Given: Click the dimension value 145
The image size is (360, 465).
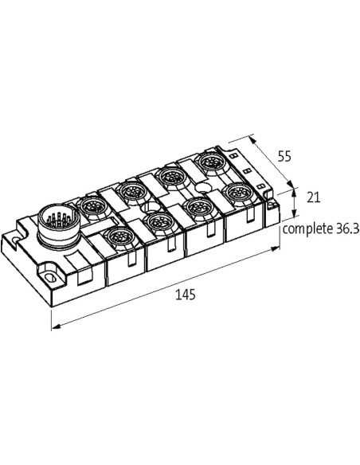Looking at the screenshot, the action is [186, 295].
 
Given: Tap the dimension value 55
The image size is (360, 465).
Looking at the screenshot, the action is [284, 156].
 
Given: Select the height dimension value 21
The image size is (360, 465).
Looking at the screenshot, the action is [313, 197].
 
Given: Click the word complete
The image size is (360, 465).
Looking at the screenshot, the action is [307, 229].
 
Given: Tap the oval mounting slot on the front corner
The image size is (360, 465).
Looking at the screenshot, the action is [49, 278].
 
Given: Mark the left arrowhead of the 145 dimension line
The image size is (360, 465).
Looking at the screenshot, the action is [56, 326].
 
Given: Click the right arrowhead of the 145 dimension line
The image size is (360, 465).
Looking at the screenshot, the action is [276, 248].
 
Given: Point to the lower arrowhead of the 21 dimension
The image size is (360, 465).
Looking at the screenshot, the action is [294, 213].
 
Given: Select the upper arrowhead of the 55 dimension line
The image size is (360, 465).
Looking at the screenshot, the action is [253, 139].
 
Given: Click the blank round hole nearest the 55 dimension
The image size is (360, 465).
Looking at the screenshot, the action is [203, 187].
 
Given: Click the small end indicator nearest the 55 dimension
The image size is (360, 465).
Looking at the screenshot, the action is [233, 155].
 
